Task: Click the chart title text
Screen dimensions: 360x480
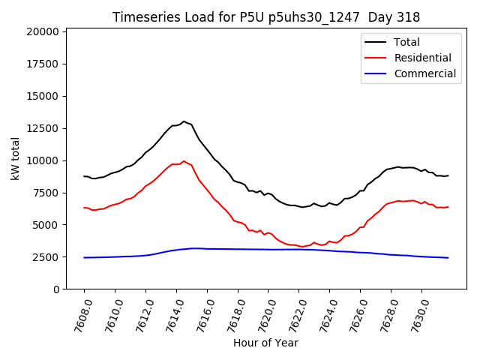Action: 266,17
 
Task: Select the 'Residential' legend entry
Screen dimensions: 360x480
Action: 422,58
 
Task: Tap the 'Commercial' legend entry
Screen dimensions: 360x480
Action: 424,73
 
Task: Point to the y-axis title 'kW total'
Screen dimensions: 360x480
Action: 15,158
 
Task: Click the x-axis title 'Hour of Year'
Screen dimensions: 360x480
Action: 265,343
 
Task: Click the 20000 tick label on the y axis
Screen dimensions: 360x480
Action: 40,31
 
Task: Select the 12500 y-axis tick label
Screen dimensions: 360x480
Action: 40,128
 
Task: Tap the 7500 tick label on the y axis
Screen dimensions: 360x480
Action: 43,193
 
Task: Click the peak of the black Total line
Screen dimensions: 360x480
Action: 184,121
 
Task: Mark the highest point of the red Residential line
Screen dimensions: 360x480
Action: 184,160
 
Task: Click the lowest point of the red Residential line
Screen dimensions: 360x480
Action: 302,247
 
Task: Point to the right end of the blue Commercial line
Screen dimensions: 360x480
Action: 448,258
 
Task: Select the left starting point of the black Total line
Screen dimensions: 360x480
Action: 84,176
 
